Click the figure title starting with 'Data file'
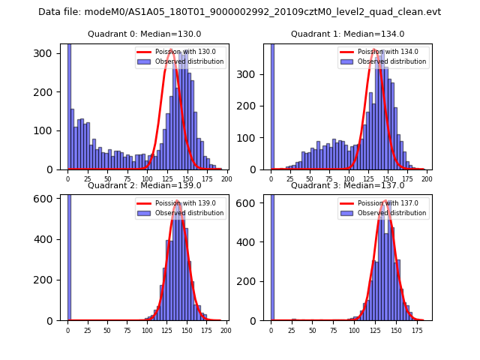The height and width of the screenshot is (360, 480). click(x=239, y=12)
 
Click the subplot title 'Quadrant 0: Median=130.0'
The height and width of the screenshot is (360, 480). click(x=144, y=34)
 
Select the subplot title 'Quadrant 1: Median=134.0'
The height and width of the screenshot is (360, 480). click(x=347, y=34)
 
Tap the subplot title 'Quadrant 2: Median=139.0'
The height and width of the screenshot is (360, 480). click(x=144, y=185)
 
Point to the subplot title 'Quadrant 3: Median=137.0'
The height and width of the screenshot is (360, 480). click(x=347, y=185)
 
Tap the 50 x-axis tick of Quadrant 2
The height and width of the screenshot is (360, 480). click(x=107, y=329)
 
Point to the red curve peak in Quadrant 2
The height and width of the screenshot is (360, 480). click(x=178, y=202)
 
